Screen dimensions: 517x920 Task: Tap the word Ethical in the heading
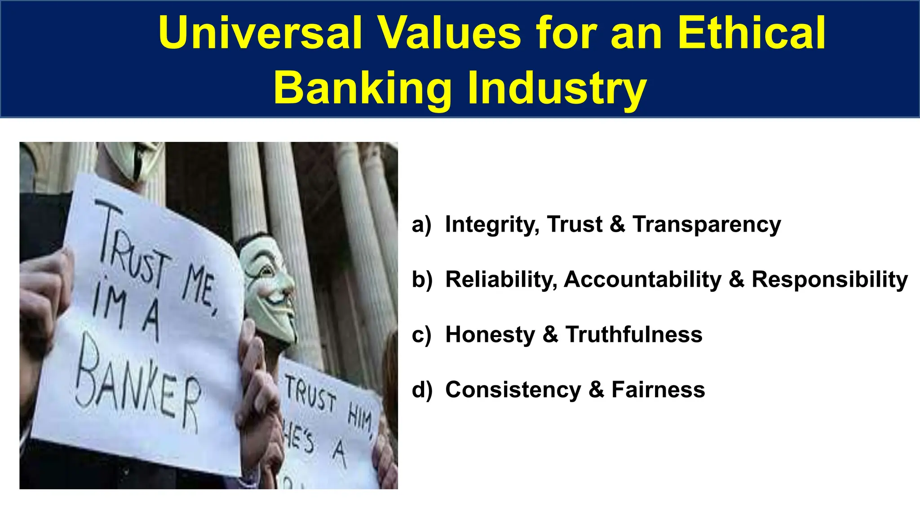click(x=751, y=33)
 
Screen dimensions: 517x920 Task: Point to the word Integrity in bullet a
click(x=492, y=224)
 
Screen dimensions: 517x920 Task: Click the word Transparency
click(x=707, y=224)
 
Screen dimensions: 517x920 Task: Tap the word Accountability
click(x=642, y=280)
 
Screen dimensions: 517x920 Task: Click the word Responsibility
click(x=830, y=280)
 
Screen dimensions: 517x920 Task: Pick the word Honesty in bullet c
click(x=490, y=335)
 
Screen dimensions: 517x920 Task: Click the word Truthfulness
click(x=634, y=335)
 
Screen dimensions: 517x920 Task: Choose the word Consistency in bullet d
click(x=513, y=390)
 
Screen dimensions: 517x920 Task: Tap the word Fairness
click(x=658, y=390)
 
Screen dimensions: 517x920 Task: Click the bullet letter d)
click(x=422, y=390)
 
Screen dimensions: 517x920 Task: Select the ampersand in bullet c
click(x=550, y=335)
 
